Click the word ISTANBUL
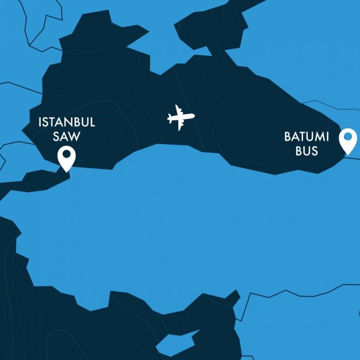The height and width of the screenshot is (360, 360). click(x=67, y=123)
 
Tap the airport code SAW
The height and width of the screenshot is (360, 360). click(x=67, y=137)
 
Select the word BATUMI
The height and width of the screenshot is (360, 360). click(x=307, y=137)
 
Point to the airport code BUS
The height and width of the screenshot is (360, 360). click(x=307, y=151)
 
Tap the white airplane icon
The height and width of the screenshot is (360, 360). click(x=181, y=118)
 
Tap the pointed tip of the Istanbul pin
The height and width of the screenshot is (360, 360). click(x=67, y=171)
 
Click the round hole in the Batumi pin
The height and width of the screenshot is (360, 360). click(x=348, y=137)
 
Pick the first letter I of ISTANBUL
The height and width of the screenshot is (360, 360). click(x=40, y=123)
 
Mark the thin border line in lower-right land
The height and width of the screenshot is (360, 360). click(x=302, y=289)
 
